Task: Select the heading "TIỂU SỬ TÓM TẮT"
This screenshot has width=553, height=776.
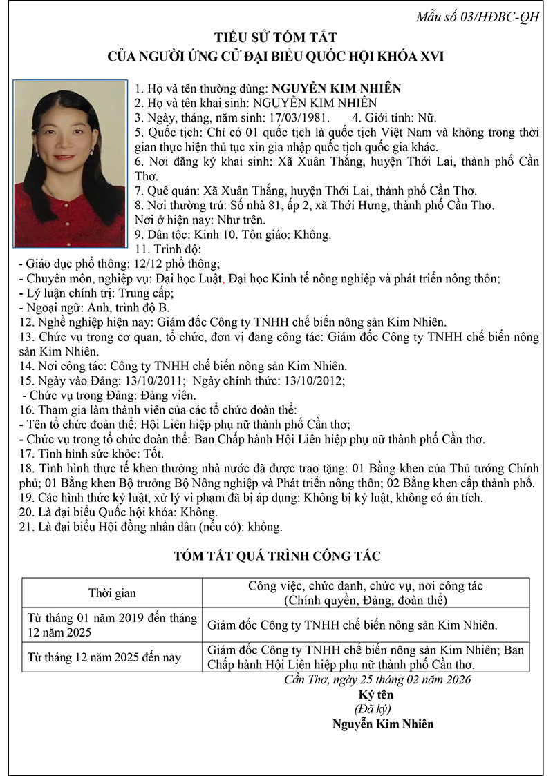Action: [276, 38]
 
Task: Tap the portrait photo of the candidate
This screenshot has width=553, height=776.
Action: [69, 164]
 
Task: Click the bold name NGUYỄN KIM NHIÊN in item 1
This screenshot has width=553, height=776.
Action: [336, 88]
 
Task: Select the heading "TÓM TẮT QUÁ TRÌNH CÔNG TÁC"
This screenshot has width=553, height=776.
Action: [276, 555]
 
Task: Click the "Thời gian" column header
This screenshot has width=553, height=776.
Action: [112, 593]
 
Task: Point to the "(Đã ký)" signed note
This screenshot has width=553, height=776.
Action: [373, 709]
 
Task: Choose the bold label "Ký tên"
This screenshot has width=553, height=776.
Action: [373, 695]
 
